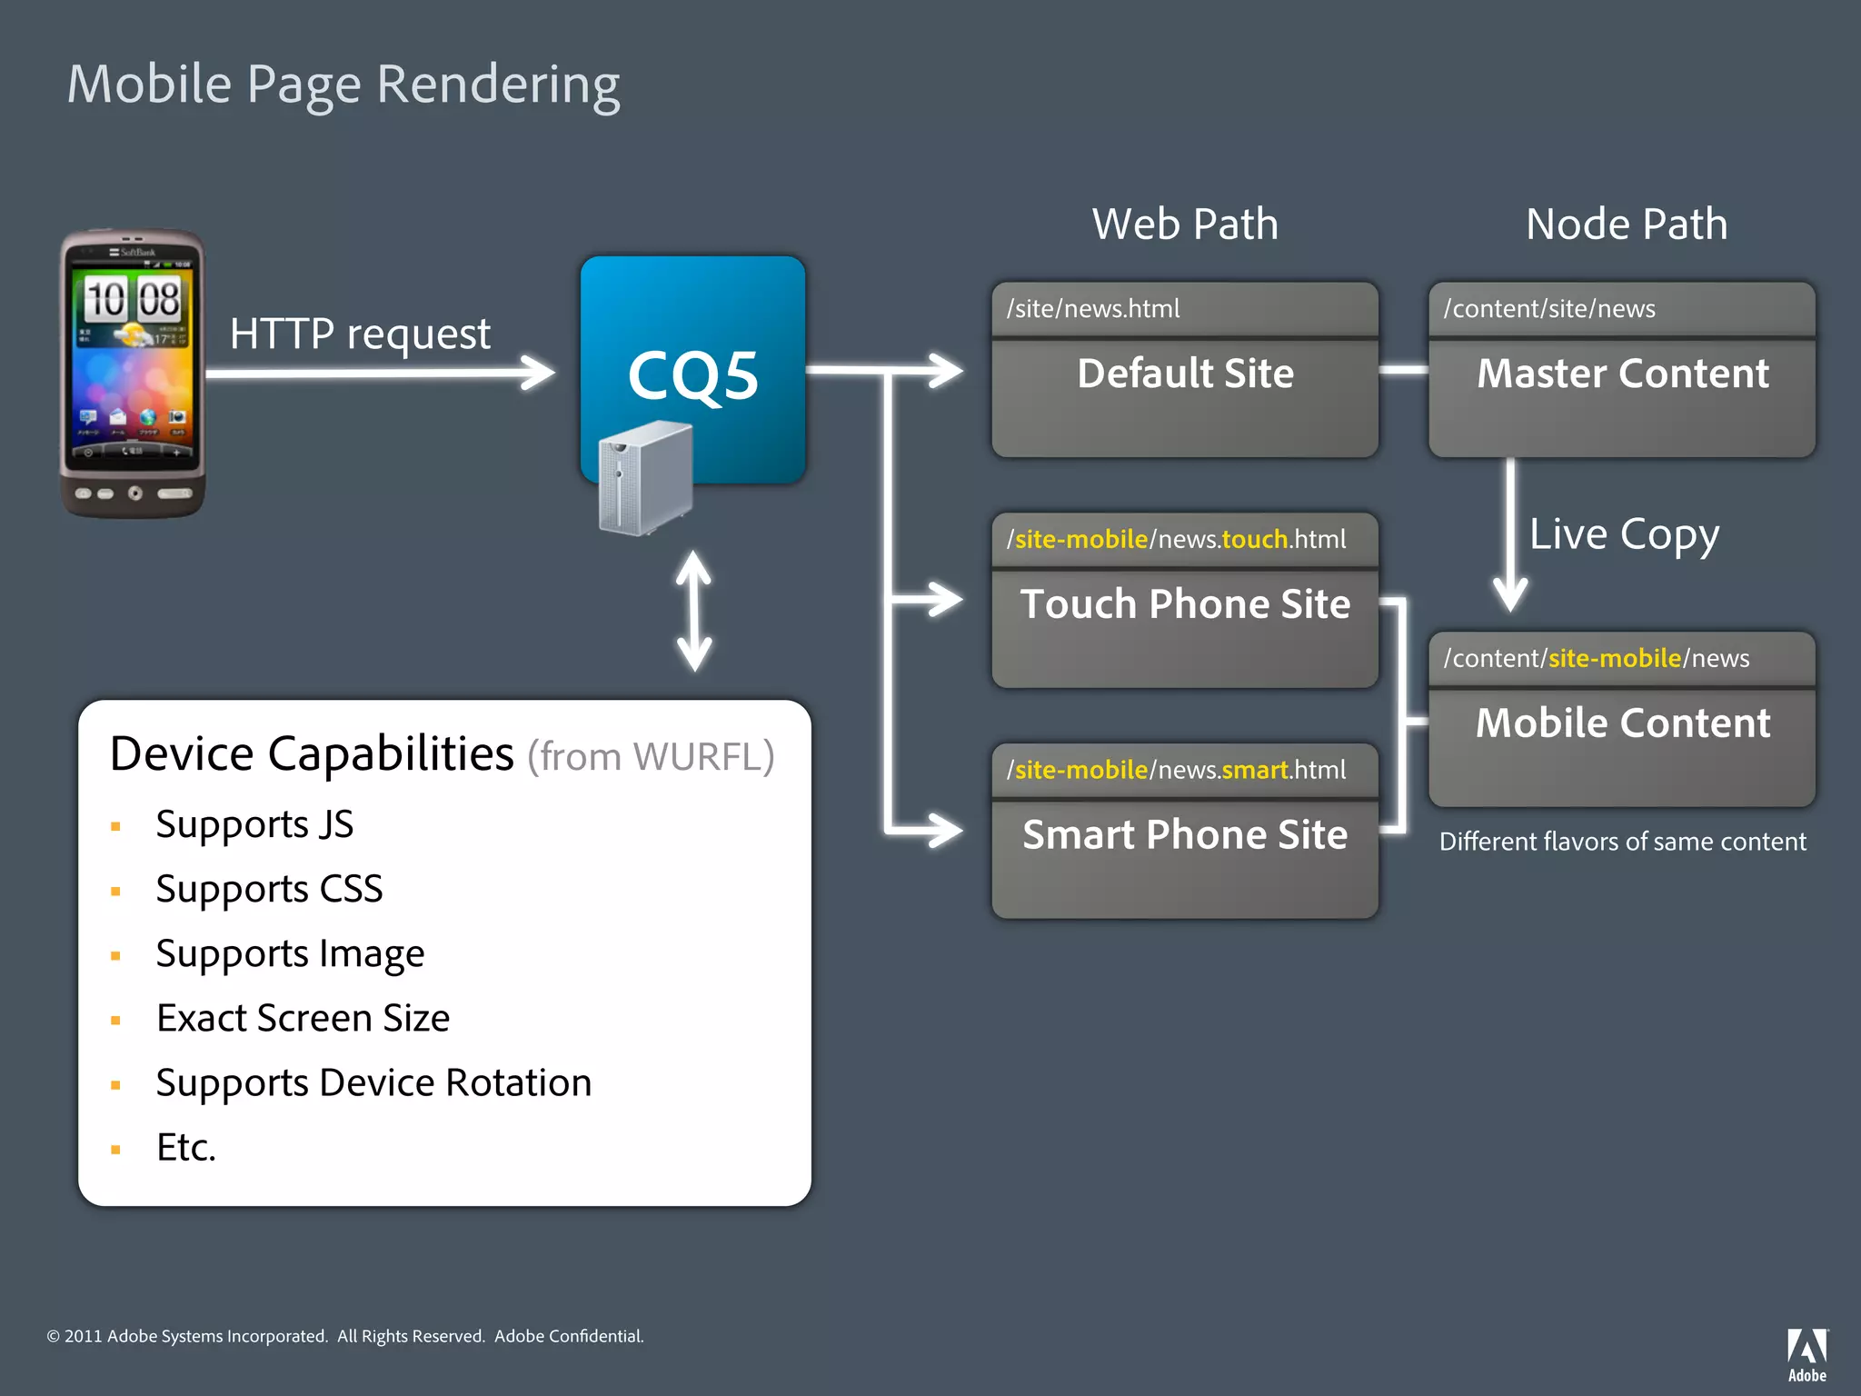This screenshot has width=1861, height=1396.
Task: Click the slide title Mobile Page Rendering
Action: [343, 85]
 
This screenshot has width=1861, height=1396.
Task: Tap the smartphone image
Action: [133, 373]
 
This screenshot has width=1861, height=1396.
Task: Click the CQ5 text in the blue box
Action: [692, 375]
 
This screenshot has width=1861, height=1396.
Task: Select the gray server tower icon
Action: [644, 478]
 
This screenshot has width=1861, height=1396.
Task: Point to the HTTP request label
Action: [360, 334]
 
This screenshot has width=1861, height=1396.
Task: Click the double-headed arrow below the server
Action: [693, 611]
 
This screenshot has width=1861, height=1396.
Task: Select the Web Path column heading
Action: [1185, 224]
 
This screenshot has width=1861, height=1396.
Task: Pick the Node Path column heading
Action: [1626, 224]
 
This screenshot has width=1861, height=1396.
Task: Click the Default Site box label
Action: [1185, 374]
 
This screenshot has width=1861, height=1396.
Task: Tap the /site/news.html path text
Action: [1093, 309]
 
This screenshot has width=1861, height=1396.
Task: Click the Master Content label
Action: [1622, 374]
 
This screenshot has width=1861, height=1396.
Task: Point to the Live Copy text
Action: [1624, 534]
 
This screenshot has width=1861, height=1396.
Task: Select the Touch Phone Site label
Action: [1185, 604]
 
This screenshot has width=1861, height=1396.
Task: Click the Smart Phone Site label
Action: [1185, 835]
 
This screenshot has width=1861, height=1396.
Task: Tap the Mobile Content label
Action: [1622, 723]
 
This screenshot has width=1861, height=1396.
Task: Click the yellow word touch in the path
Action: [1255, 540]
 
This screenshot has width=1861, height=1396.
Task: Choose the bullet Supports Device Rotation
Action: [373, 1083]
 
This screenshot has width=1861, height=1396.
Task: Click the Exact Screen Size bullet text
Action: [303, 1019]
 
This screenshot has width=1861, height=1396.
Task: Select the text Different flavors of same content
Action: [1622, 842]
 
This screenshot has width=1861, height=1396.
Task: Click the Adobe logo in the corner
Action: [1806, 1353]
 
